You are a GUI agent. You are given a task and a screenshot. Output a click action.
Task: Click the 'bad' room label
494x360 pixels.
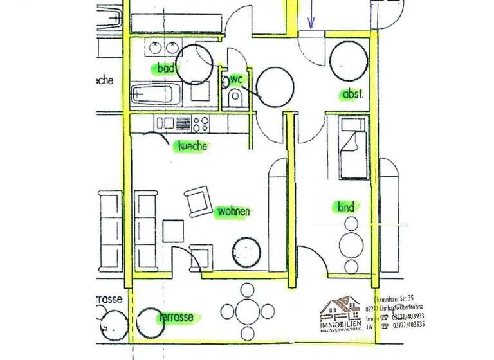(166, 67)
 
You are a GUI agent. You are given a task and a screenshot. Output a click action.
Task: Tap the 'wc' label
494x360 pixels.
(236, 79)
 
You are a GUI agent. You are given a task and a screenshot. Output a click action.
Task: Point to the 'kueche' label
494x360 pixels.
(193, 146)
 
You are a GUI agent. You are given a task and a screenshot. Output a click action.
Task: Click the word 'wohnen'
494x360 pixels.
(233, 211)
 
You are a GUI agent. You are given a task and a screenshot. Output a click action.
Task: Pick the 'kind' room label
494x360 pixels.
(346, 207)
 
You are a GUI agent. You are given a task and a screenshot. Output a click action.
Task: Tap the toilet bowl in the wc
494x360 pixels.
(235, 97)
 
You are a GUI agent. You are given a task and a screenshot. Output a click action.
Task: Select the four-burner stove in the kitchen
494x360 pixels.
(201, 123)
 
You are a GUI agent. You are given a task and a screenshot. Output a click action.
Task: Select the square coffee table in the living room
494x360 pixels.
(174, 230)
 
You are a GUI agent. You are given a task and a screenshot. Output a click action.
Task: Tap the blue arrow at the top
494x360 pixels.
(311, 15)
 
